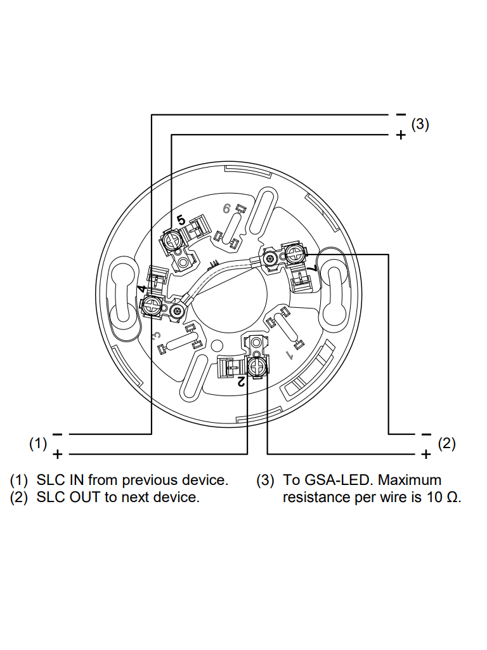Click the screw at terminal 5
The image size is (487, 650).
click(x=171, y=239)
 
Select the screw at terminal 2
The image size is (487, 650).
click(x=257, y=366)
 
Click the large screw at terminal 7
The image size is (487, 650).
click(x=294, y=255)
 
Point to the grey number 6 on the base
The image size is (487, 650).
click(x=226, y=208)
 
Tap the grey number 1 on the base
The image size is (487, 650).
click(x=290, y=351)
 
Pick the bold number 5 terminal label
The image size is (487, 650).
click(x=181, y=220)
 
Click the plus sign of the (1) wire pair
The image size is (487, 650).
click(x=58, y=454)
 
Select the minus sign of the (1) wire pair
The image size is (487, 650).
click(x=58, y=434)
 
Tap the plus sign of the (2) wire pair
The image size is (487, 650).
click(x=426, y=454)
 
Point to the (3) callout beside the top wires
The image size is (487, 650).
click(x=420, y=124)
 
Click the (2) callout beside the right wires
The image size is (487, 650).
click(x=447, y=444)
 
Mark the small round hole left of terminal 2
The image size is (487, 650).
click(x=217, y=346)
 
